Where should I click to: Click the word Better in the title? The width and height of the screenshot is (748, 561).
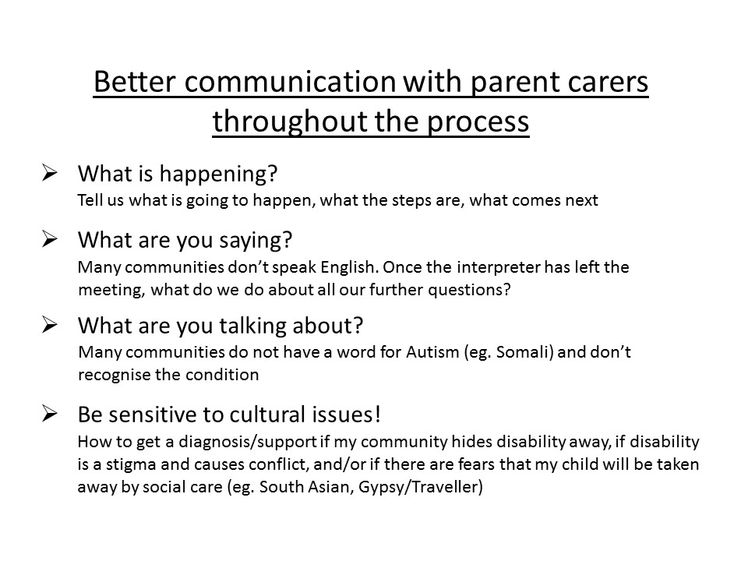[135, 82]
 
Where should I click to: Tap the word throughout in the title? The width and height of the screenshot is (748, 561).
[290, 121]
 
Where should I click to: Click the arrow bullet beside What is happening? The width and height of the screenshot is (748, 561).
[49, 173]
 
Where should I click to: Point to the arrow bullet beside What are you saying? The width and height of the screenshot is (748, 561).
[49, 239]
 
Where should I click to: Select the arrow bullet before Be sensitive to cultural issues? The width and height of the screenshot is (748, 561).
[49, 413]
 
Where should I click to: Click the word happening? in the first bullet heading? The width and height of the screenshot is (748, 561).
[218, 175]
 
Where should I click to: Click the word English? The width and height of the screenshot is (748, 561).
[350, 268]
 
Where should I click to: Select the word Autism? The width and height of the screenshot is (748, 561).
[432, 352]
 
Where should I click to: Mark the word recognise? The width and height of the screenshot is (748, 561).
[115, 376]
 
